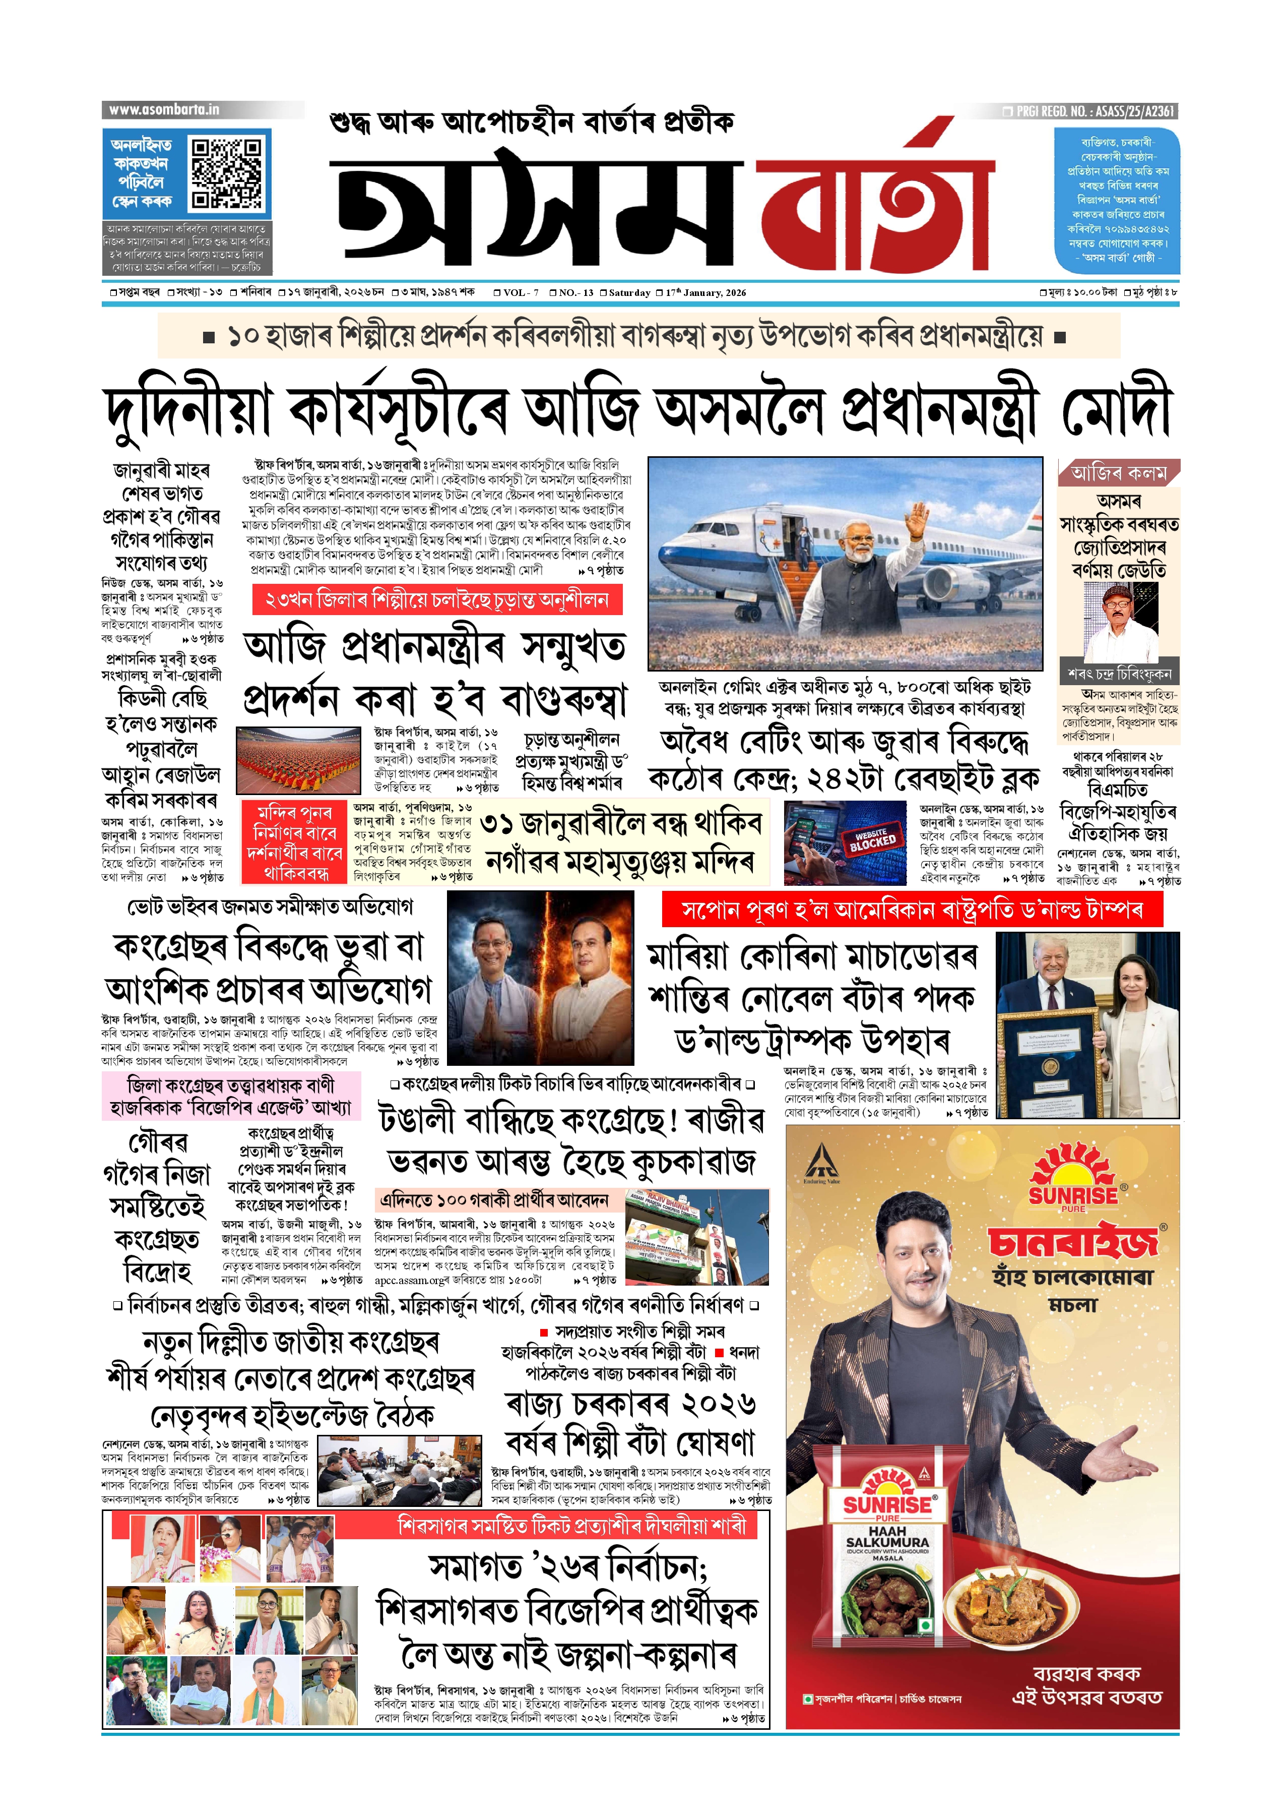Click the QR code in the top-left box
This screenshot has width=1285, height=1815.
coord(227,172)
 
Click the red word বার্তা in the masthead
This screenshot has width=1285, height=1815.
coord(874,207)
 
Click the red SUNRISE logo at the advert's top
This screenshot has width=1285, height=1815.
coord(1073,1183)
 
